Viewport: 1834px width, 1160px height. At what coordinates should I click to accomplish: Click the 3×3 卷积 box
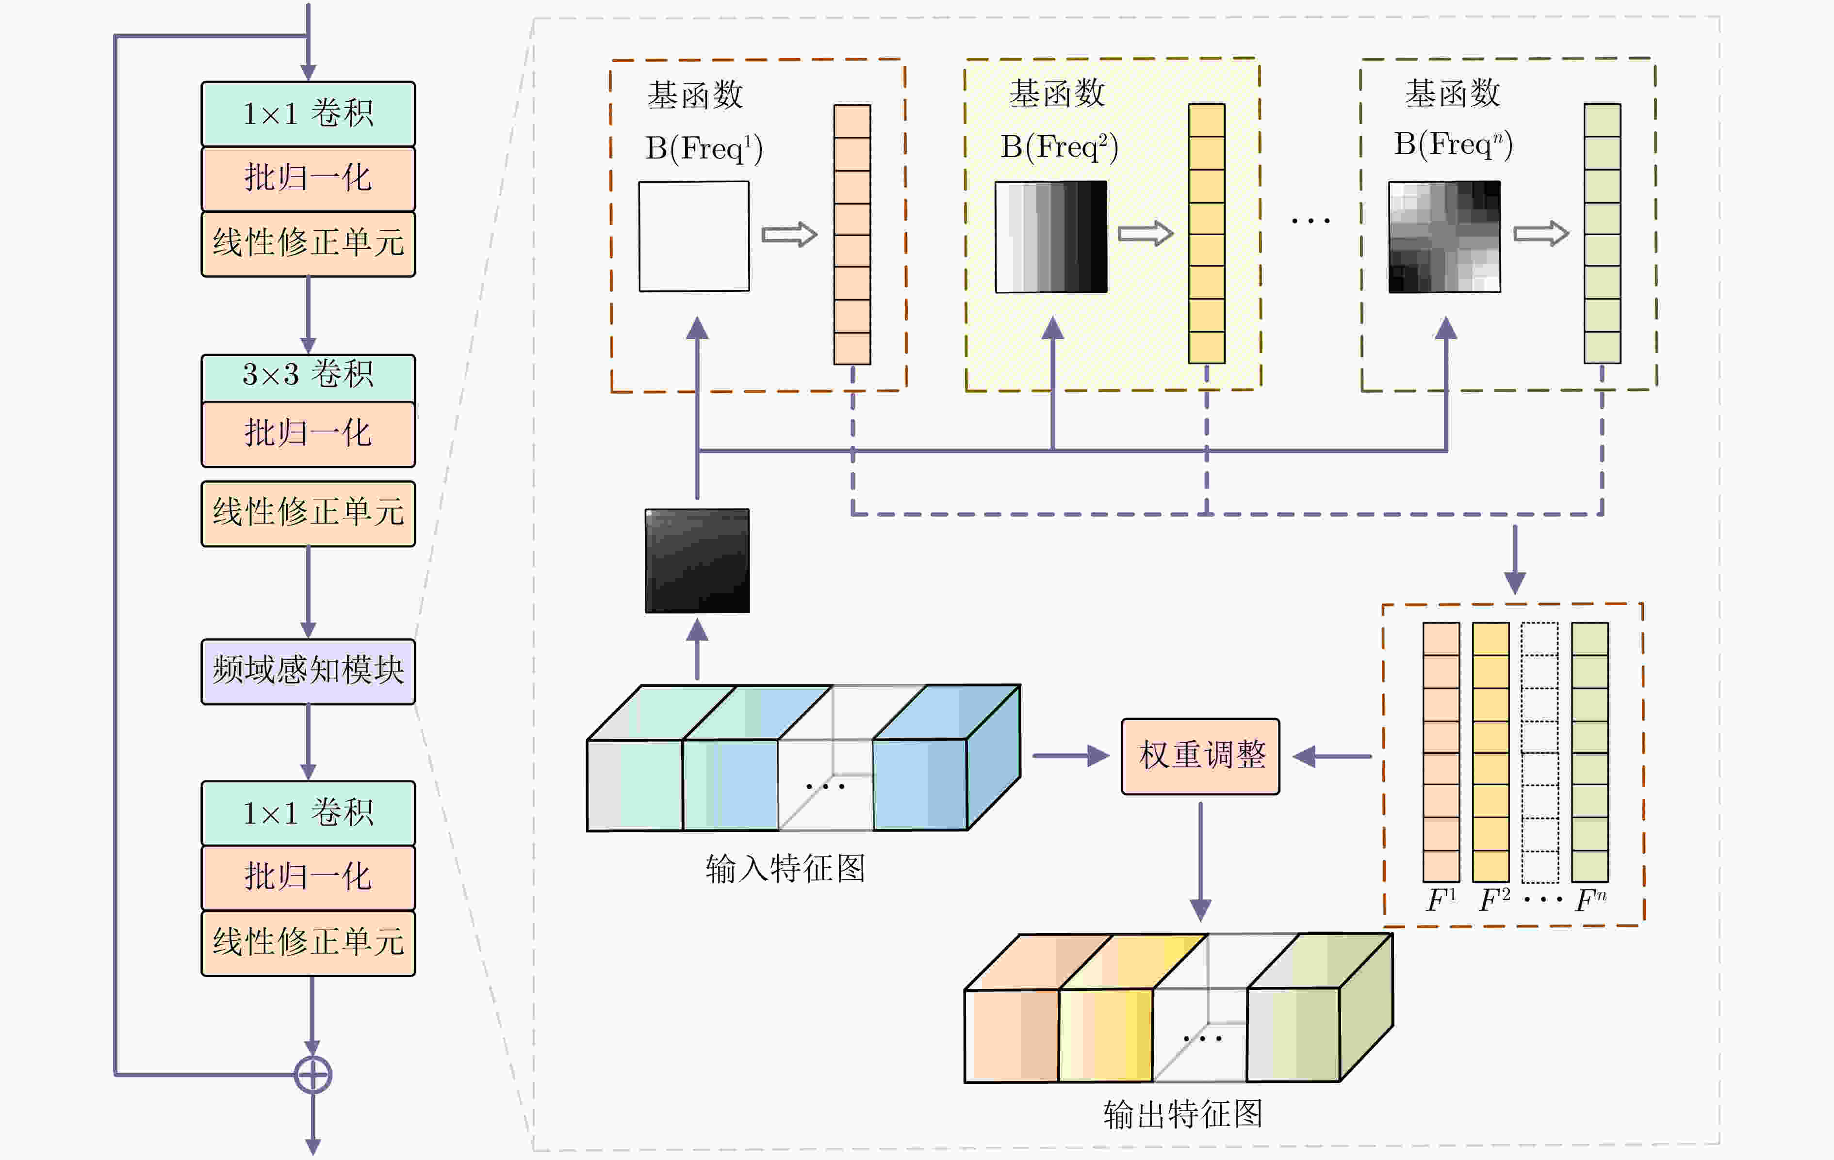[308, 377]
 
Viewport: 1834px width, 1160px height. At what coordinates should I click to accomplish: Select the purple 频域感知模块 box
[308, 670]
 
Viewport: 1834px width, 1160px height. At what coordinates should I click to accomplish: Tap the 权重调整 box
[1200, 756]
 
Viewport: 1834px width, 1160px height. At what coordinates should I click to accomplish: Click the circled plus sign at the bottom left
[312, 1075]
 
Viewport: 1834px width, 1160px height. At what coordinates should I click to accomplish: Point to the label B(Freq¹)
[704, 148]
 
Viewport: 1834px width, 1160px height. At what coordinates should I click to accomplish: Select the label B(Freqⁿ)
[1453, 144]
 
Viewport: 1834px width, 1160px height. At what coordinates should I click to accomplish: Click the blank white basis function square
[694, 236]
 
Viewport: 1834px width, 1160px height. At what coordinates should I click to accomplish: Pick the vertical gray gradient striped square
[1051, 237]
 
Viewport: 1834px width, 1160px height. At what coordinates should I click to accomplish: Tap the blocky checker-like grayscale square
[1444, 237]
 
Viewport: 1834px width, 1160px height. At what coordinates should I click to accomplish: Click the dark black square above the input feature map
[697, 560]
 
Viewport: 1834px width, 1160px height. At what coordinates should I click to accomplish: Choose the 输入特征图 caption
[785, 869]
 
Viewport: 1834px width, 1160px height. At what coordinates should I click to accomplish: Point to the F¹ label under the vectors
[1440, 901]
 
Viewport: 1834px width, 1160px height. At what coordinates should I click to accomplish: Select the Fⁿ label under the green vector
[1590, 901]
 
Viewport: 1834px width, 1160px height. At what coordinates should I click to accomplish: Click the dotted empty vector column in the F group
[1539, 752]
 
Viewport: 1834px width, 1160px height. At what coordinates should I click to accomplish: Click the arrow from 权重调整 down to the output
[1200, 860]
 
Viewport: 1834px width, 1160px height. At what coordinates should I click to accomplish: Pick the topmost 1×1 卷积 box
[308, 113]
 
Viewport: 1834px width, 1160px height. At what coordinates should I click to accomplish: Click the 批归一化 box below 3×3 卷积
[308, 434]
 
